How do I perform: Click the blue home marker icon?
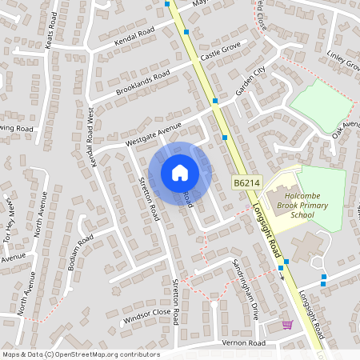click(180, 172)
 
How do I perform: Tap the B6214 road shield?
click(248, 184)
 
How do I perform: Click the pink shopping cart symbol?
click(287, 325)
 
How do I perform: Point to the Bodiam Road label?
click(81, 252)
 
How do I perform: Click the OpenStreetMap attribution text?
click(81, 354)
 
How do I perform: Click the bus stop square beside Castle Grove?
click(186, 32)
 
